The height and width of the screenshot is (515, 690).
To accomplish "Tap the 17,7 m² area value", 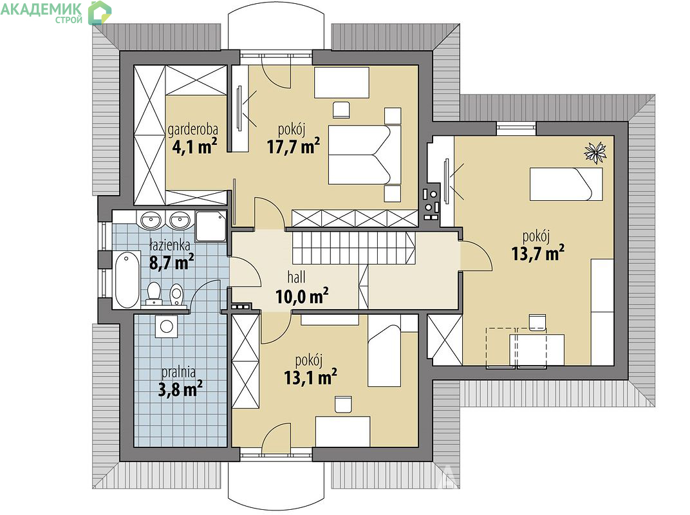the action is [293, 145].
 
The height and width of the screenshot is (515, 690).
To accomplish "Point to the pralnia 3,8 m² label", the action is [180, 380].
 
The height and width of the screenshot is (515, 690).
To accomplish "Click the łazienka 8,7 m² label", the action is [172, 254].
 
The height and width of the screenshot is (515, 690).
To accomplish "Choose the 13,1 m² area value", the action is [311, 377].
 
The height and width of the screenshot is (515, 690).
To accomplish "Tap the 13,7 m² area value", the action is [538, 253].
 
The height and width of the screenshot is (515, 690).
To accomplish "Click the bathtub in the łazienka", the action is [127, 279].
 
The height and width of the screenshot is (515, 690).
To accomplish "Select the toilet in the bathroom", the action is [154, 294].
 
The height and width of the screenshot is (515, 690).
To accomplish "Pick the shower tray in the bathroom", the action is [210, 226].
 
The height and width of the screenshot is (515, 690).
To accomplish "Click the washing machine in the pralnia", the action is [166, 326].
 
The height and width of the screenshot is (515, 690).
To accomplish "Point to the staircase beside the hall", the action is [353, 248].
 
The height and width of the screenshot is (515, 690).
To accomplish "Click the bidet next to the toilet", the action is [176, 294].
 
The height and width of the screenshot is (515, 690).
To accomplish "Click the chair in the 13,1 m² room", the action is [343, 404].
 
